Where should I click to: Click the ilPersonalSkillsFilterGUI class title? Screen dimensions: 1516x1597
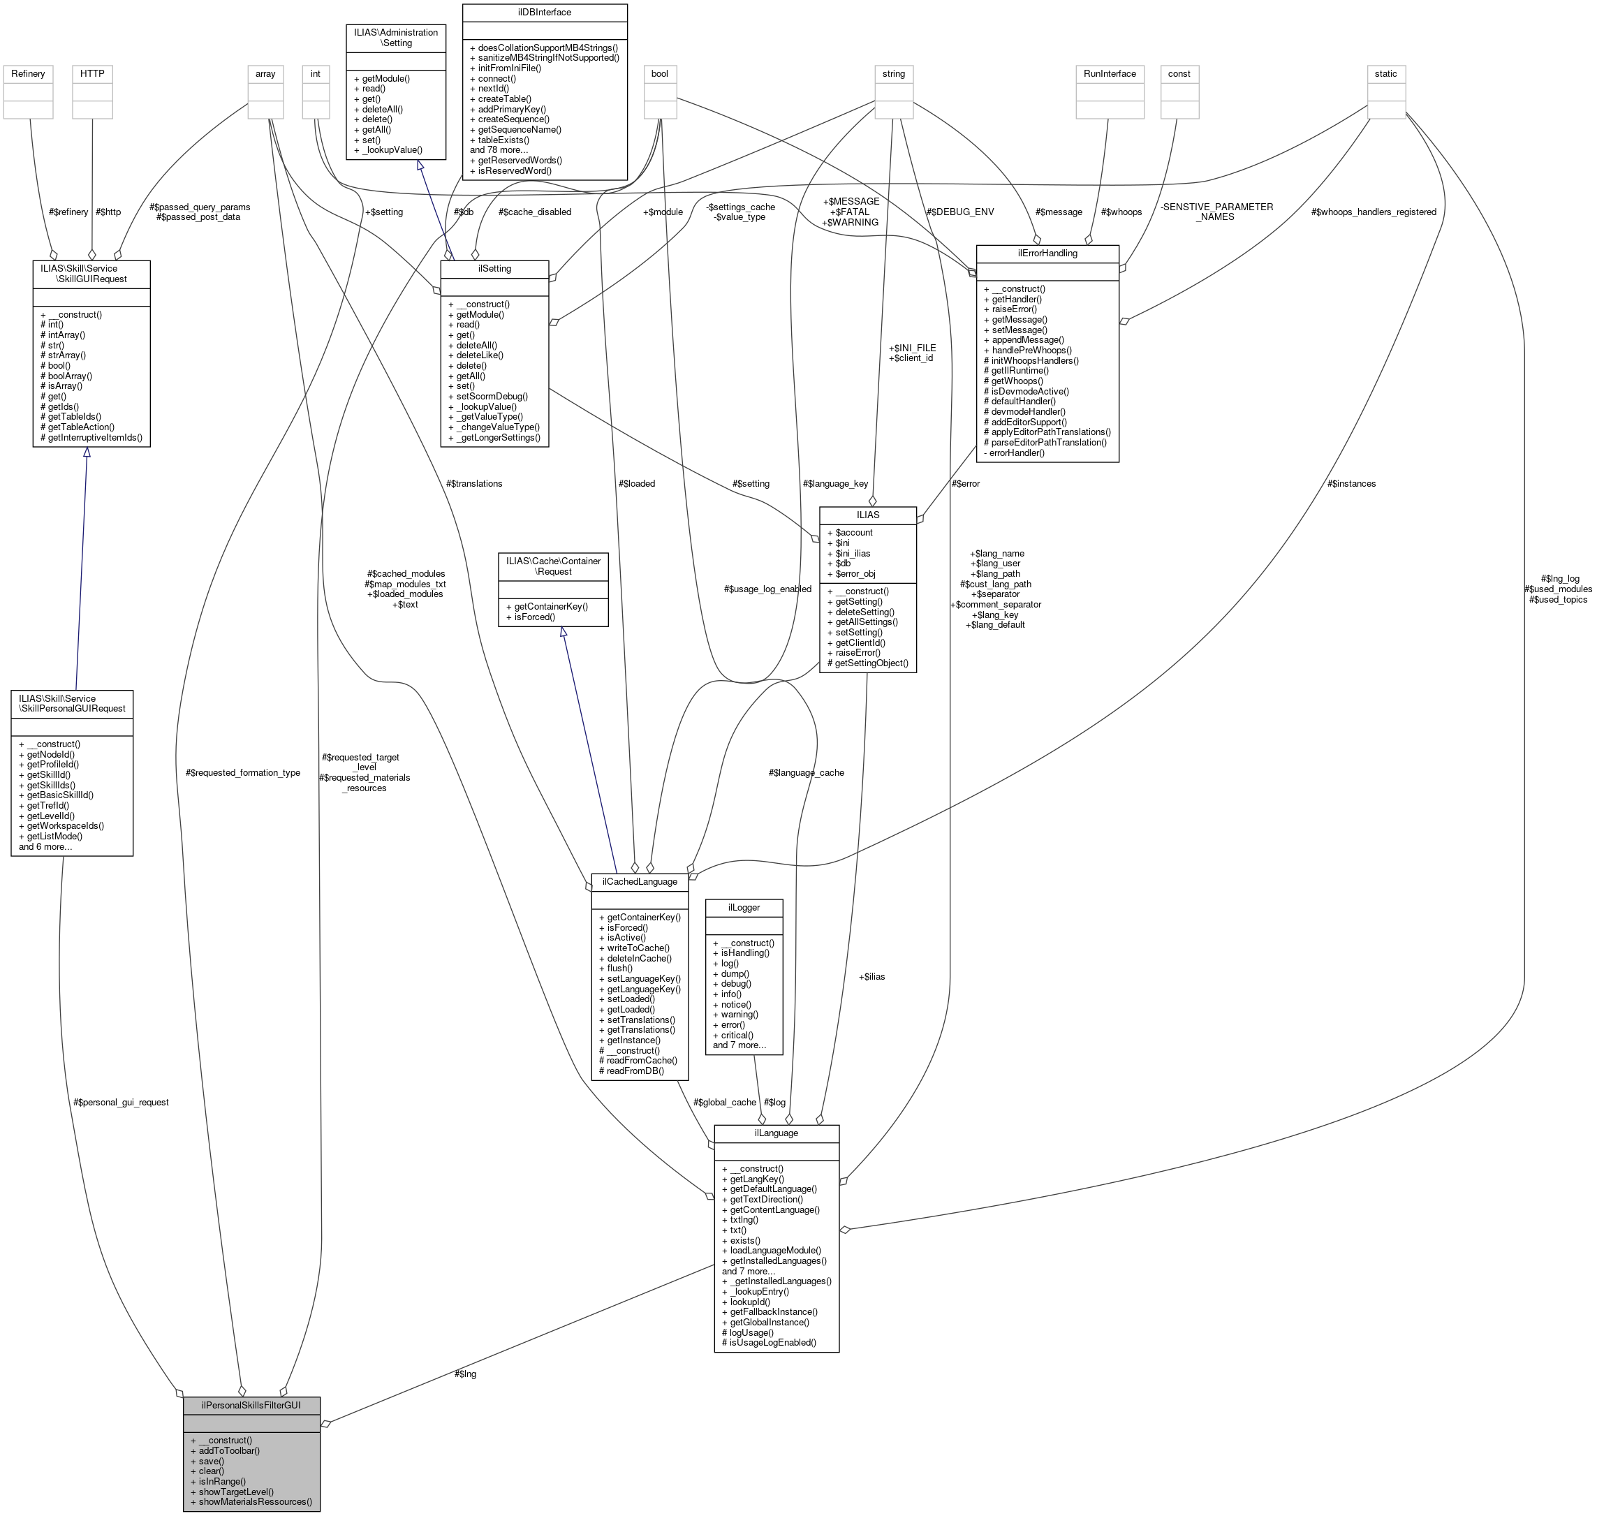pos(251,1404)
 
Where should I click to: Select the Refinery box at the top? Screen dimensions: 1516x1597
pos(29,73)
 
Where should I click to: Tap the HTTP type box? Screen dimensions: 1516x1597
pos(92,73)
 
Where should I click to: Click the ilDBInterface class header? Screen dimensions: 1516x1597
pos(544,12)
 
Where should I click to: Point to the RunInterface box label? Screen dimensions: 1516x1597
pos(1110,73)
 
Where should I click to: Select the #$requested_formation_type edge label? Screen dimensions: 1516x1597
pos(242,772)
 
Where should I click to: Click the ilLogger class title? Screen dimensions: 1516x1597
pos(744,908)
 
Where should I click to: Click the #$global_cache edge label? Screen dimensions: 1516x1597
pos(724,1102)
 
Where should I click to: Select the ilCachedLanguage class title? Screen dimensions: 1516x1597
pos(639,882)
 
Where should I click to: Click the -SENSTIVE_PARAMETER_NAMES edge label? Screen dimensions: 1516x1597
pos(1216,212)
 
